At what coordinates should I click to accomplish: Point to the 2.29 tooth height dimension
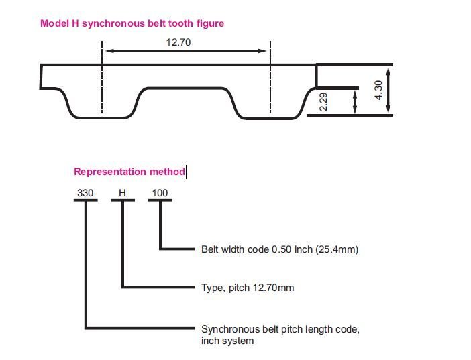323,102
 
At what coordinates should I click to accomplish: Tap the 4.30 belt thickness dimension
378,90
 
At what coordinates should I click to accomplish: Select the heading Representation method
129,172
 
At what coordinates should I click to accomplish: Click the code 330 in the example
85,194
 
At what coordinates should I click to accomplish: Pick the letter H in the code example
122,194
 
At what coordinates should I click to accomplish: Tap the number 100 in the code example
160,194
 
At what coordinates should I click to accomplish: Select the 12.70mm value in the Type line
272,288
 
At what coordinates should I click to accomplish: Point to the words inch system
227,341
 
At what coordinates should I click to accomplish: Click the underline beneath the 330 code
85,202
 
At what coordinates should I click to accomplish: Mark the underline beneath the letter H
122,202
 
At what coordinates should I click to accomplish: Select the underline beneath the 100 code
160,202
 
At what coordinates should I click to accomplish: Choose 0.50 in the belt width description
280,249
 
